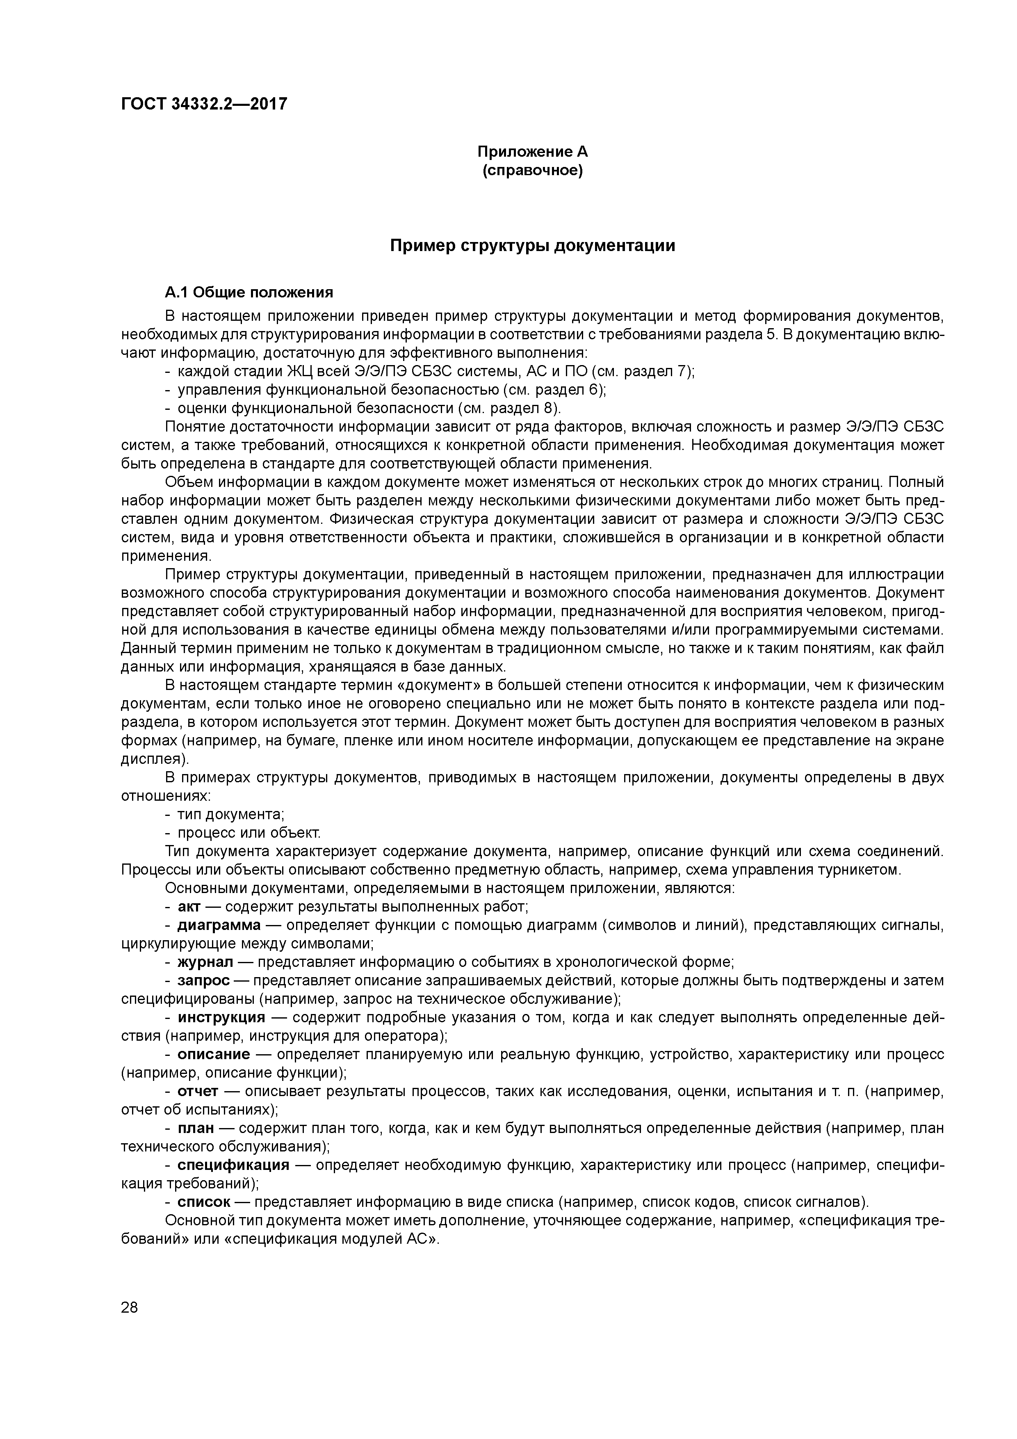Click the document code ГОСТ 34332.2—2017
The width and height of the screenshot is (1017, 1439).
[204, 104]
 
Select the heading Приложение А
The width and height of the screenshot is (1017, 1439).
[533, 152]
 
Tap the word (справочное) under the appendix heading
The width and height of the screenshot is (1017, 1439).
[533, 171]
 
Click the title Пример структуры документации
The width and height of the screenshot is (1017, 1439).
[533, 246]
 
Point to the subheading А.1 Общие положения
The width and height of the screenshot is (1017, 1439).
[249, 293]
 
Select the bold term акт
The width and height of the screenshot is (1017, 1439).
[189, 907]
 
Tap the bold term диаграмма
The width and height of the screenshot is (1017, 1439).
[219, 925]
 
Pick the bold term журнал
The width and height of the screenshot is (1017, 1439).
[205, 962]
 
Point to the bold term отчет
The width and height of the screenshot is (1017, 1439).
[197, 1091]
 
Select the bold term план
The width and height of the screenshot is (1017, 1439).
[196, 1128]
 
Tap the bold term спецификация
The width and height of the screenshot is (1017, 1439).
[233, 1165]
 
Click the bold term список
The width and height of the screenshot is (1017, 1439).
[204, 1202]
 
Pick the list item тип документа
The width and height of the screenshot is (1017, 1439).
[230, 815]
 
